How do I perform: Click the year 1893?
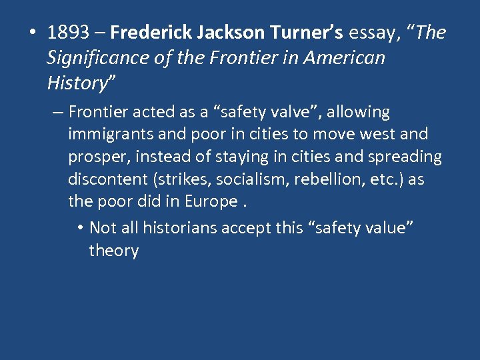pos(70,33)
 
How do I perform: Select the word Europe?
pos(212,202)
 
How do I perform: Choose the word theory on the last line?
pos(113,251)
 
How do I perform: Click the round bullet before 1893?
pos(33,33)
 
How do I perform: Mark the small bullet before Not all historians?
pos(79,229)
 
